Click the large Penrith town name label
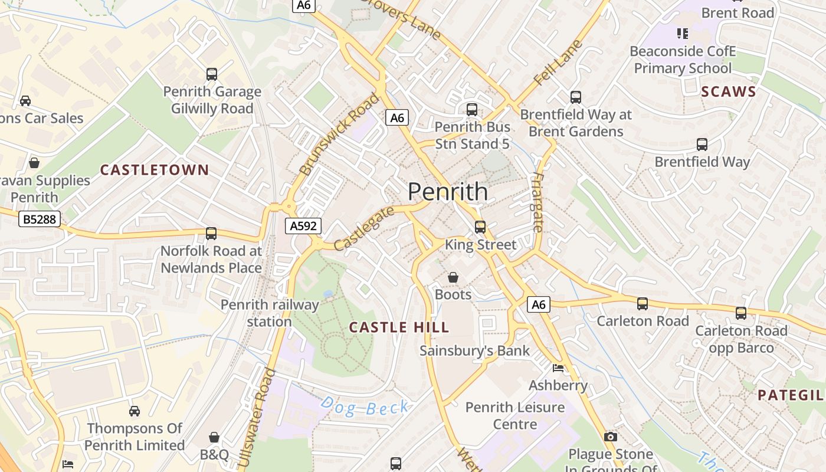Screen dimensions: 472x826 tap(448, 192)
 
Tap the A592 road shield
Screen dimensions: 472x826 tap(304, 225)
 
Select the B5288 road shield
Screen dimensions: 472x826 tap(40, 219)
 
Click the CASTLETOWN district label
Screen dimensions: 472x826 tap(155, 171)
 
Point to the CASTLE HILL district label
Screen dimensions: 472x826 tap(399, 327)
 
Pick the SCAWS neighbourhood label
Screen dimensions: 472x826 tap(729, 91)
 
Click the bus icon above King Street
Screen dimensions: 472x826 tap(480, 227)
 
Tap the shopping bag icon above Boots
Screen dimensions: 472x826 tap(453, 277)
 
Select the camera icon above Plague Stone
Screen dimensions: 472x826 tap(611, 437)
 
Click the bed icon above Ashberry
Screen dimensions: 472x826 tap(558, 368)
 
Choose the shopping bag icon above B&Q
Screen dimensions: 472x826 tap(214, 437)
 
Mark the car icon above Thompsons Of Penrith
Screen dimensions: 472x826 tap(135, 411)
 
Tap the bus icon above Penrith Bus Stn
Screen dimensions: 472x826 tap(471, 109)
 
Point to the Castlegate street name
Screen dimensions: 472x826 tap(363, 228)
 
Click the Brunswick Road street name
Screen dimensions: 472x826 tap(339, 134)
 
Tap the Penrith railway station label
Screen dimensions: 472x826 tap(270, 313)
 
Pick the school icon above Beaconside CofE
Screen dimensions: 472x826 tap(683, 34)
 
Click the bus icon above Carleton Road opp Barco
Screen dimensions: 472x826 tap(741, 313)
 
